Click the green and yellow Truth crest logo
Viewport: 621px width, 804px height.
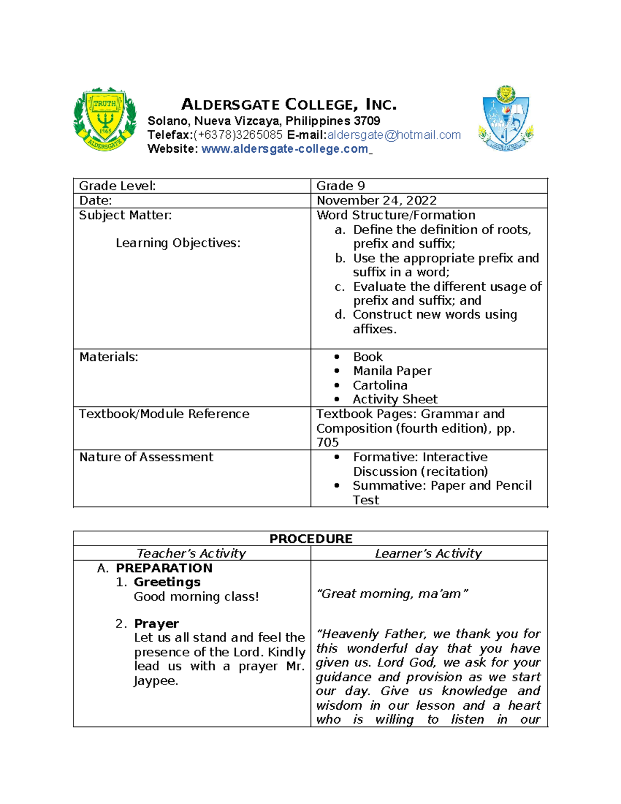point(105,120)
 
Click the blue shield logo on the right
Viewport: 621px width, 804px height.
point(506,120)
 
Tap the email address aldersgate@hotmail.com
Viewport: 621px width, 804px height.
point(394,135)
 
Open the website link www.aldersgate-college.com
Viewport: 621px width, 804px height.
point(285,149)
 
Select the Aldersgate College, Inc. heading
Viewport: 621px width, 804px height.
point(289,105)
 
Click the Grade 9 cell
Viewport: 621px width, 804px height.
point(341,186)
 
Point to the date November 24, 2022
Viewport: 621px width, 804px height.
point(376,201)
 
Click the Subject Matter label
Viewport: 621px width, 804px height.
point(125,215)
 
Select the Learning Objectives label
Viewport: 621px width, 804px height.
point(178,243)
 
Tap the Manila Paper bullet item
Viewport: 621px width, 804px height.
point(392,371)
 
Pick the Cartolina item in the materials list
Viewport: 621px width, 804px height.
point(380,386)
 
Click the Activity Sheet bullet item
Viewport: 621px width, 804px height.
point(395,400)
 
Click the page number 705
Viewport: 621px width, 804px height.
point(328,443)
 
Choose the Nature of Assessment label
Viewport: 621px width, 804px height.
point(146,457)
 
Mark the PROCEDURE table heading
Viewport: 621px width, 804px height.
point(310,539)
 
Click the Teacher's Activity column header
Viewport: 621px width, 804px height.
point(191,553)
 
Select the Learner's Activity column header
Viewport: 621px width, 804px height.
point(428,553)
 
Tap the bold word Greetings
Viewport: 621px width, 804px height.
point(167,582)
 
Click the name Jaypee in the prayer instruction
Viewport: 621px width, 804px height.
point(155,681)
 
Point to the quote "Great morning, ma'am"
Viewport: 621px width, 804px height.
point(392,594)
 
